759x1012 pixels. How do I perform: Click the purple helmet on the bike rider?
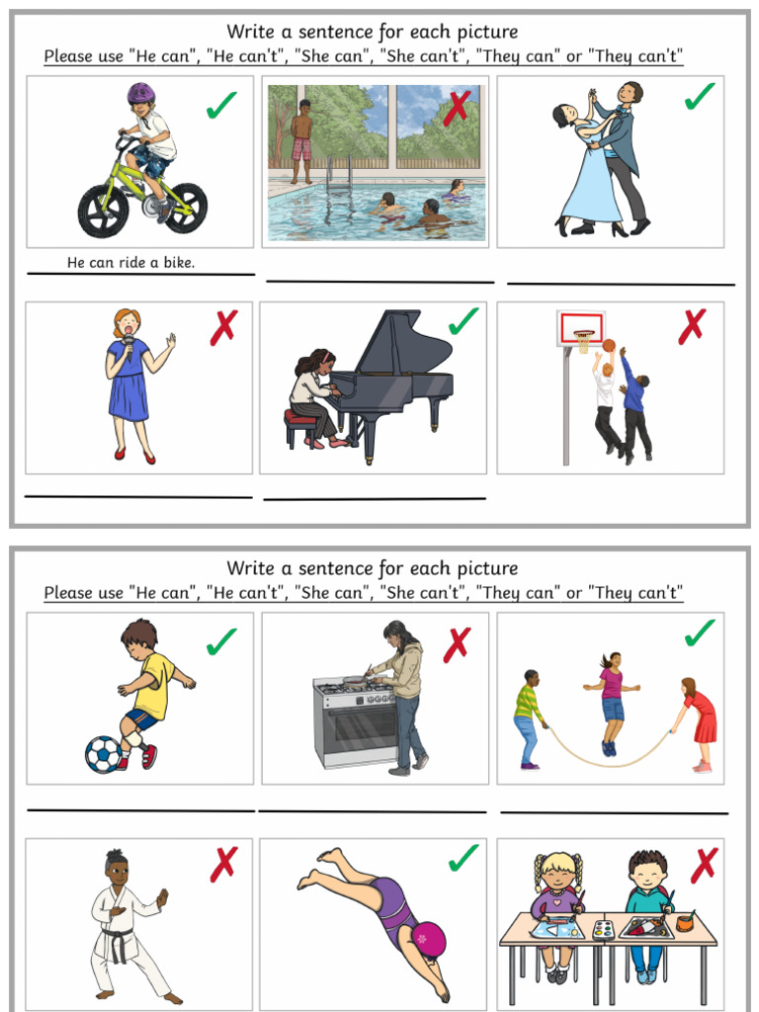141,94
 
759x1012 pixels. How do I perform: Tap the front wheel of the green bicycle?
102,211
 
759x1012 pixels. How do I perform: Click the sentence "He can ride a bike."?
130,263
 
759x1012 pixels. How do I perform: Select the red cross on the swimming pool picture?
456,106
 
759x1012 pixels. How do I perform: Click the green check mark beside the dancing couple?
700,97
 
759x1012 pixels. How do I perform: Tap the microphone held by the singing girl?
128,342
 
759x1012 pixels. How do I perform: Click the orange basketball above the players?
609,345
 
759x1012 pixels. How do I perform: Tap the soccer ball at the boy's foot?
103,755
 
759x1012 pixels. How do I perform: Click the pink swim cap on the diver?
429,938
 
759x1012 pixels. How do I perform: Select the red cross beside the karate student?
224,864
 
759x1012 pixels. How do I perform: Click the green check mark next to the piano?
463,321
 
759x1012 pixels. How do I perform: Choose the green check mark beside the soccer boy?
221,641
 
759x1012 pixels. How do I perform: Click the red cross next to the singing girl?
224,327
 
